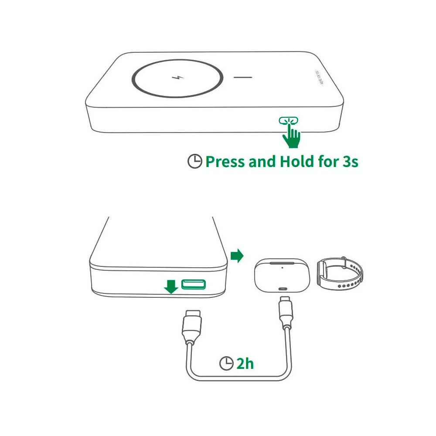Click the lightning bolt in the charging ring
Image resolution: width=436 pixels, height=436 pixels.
point(178,78)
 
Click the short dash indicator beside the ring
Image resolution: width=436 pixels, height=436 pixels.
point(243,78)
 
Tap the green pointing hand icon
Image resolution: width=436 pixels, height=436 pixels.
point(292,136)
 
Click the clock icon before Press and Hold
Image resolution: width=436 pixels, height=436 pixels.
point(195,162)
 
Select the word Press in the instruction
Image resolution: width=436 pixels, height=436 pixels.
point(225,162)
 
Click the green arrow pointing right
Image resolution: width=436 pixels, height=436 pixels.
point(237,255)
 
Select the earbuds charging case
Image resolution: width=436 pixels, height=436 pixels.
point(281,276)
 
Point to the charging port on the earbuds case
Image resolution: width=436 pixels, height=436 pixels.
point(282,289)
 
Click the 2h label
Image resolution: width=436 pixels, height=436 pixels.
point(245,363)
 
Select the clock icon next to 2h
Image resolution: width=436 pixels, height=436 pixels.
point(226,363)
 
